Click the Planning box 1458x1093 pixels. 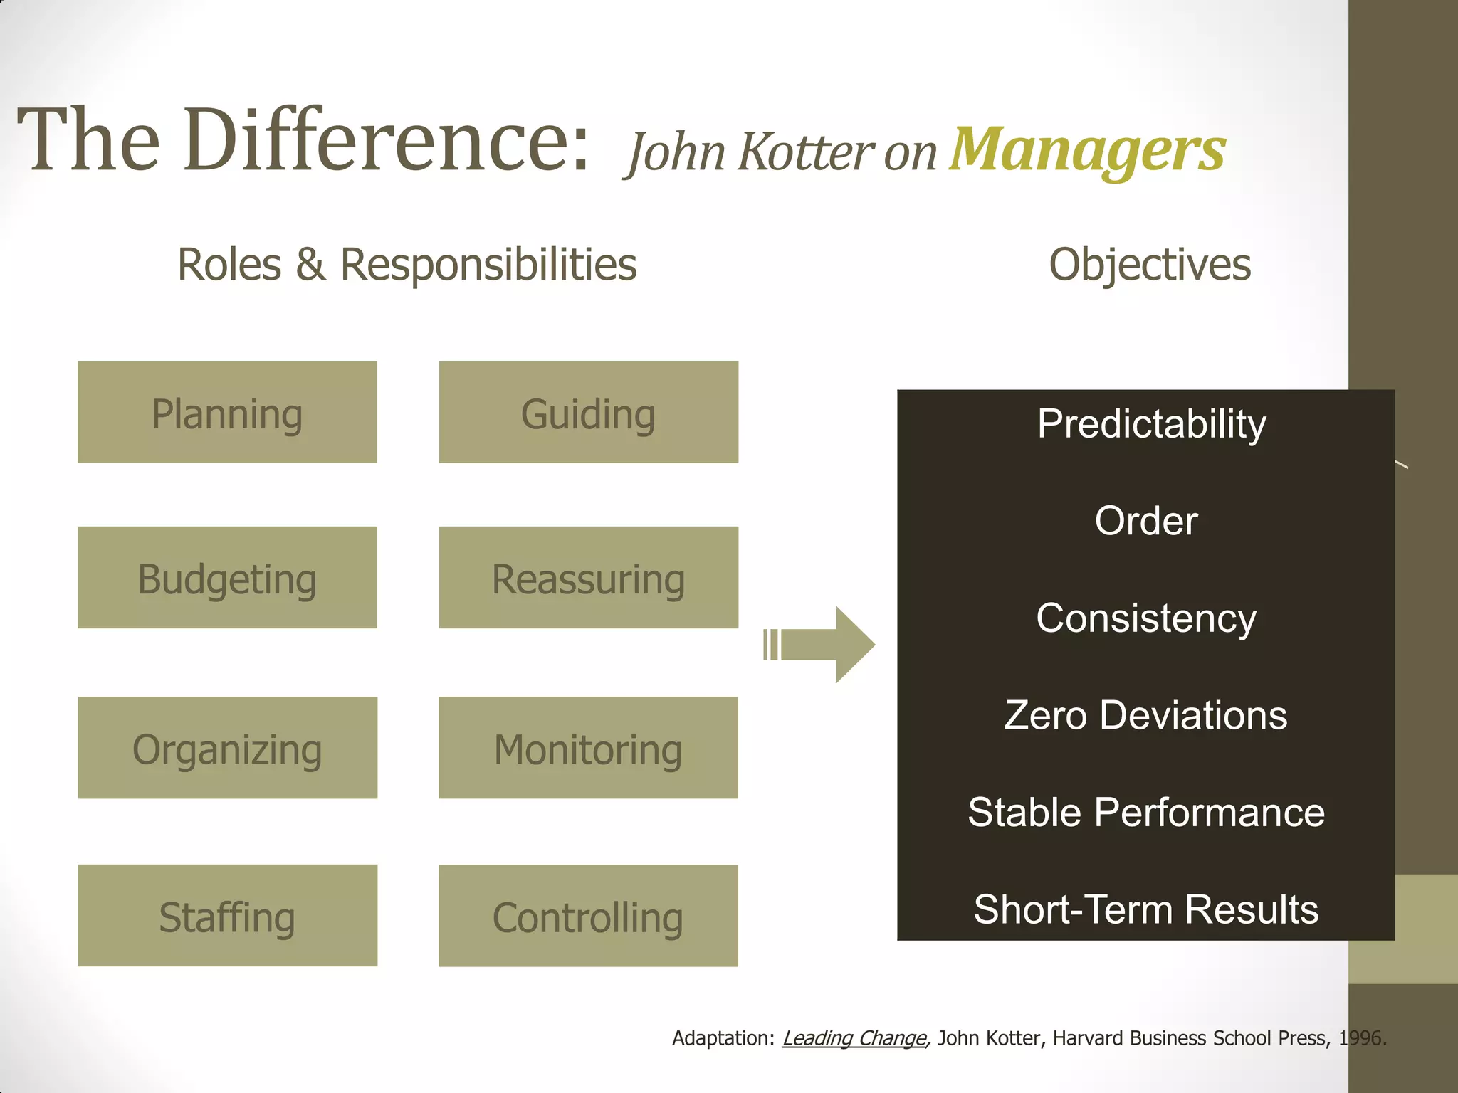(x=227, y=413)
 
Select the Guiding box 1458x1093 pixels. (x=588, y=413)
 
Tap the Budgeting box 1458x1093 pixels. (x=227, y=578)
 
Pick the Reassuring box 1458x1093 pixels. (x=588, y=578)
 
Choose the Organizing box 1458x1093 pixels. (x=227, y=748)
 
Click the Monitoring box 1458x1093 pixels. (x=588, y=748)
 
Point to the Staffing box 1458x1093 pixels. (x=227, y=916)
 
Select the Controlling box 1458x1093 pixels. (x=588, y=916)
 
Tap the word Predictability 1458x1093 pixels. (x=1151, y=424)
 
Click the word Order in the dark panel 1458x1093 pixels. (x=1146, y=521)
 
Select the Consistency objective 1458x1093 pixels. (x=1146, y=618)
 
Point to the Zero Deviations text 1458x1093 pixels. (x=1146, y=715)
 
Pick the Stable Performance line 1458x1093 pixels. (x=1146, y=812)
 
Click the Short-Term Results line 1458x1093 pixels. (x=1146, y=909)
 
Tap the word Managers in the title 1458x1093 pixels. (x=1087, y=150)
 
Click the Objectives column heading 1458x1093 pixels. (x=1150, y=265)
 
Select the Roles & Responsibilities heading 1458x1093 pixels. (x=407, y=265)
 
